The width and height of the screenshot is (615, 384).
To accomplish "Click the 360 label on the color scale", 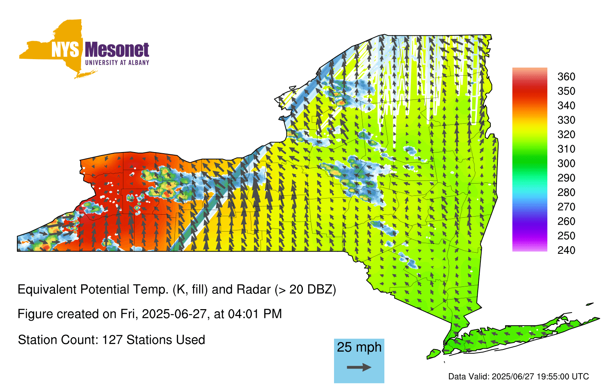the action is [x=566, y=76].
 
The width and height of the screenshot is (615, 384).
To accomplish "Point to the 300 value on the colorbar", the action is [x=566, y=164].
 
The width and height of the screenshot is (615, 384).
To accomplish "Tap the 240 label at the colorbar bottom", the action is [x=566, y=250].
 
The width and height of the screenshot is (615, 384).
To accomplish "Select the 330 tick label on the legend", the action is [x=566, y=120].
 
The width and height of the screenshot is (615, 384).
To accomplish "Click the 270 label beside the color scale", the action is [x=566, y=207].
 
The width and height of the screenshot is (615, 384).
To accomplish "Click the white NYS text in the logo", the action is [x=65, y=50].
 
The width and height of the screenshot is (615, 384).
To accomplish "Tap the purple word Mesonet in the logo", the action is [x=117, y=50].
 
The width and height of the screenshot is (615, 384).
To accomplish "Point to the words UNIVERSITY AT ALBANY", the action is [x=117, y=63].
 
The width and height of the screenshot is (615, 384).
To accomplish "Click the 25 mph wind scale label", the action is [x=359, y=348].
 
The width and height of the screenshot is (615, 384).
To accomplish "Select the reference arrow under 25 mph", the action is [x=359, y=367].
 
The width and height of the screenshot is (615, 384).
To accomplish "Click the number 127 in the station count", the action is [x=112, y=340].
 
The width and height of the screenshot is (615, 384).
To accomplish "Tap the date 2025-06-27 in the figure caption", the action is [x=174, y=314].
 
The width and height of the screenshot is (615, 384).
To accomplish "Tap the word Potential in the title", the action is [x=105, y=290].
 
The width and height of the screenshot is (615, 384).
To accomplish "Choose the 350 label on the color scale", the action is [x=566, y=91].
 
